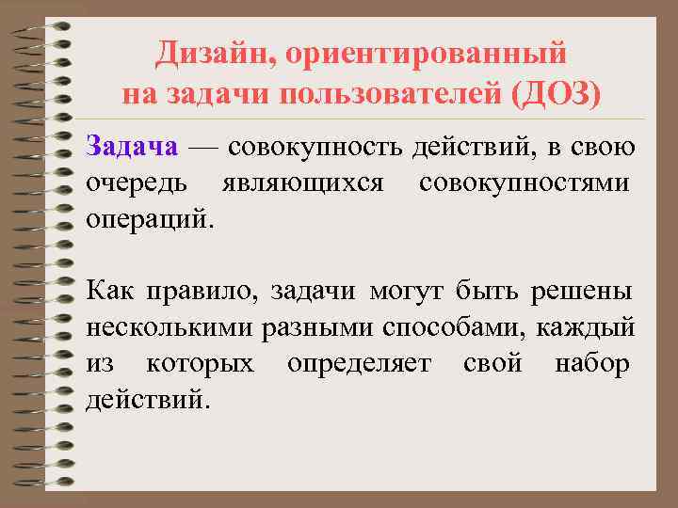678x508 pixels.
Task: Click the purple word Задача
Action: coord(132,148)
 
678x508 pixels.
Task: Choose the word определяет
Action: coord(359,362)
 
